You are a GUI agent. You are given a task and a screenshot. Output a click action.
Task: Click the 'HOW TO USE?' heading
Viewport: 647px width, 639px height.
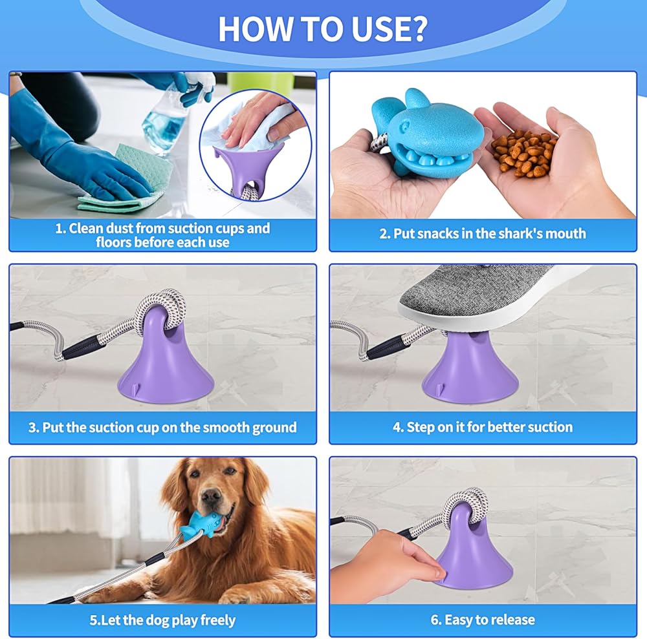tap(322, 29)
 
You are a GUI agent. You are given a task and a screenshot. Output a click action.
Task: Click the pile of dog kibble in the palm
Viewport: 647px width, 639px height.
tap(523, 153)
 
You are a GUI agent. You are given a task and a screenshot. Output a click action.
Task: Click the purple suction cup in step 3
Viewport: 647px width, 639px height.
tap(165, 362)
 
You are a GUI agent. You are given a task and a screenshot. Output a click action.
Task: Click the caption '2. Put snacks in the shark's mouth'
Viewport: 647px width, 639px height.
tap(483, 234)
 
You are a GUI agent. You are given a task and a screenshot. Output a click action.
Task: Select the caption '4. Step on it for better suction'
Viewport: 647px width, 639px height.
tap(483, 427)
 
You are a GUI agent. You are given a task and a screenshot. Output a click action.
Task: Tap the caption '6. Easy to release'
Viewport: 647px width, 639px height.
tap(483, 620)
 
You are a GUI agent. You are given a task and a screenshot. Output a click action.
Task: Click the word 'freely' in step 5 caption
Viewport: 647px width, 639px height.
tap(218, 620)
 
